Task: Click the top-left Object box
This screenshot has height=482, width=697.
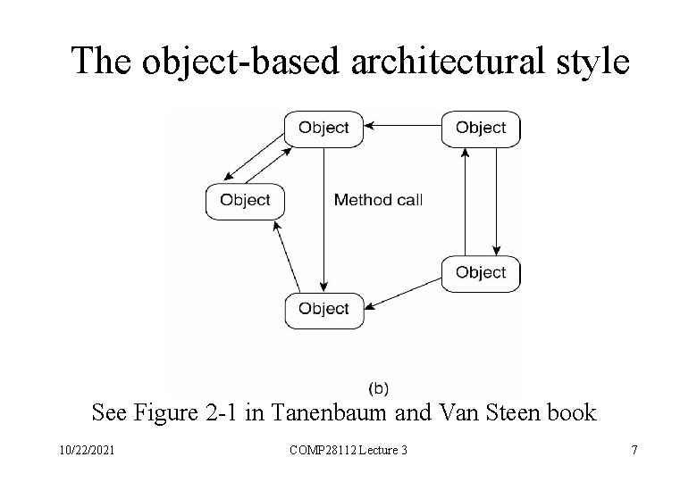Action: (323, 128)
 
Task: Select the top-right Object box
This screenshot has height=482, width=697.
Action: (481, 128)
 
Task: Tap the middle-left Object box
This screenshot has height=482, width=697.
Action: (245, 200)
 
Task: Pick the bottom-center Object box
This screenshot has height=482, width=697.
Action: (323, 309)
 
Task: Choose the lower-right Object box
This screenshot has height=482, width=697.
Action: (481, 272)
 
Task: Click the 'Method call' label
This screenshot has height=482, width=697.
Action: (378, 200)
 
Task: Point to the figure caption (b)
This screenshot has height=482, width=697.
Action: (378, 387)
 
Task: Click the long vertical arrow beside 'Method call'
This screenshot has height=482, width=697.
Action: (323, 214)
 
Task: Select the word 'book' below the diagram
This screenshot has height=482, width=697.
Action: (573, 413)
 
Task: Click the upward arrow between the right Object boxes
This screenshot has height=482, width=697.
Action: (465, 201)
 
